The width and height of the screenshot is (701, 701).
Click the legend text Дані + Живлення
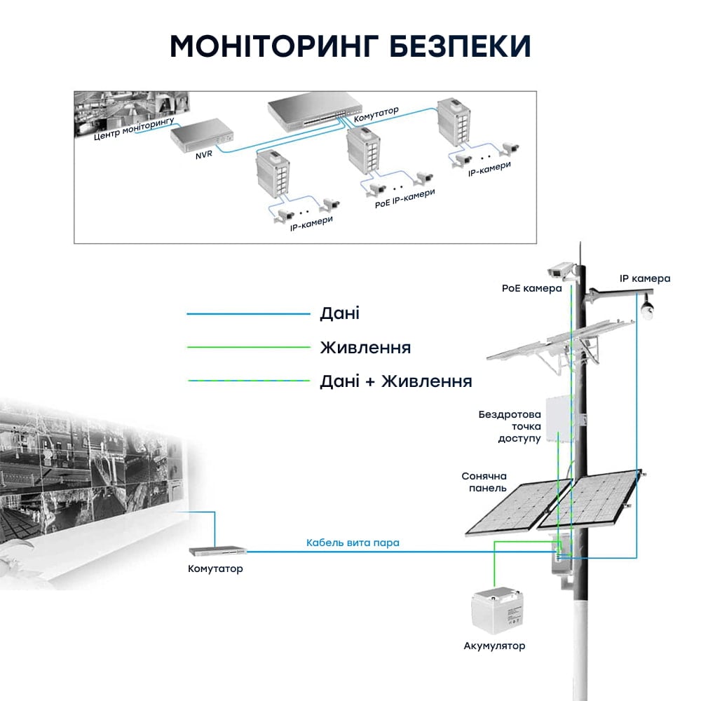[x=395, y=381]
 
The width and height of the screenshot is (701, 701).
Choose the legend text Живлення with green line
[x=365, y=348]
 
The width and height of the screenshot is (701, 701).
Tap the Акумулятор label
[x=494, y=646]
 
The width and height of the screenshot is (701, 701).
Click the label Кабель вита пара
[x=353, y=543]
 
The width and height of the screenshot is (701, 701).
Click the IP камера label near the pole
[x=645, y=278]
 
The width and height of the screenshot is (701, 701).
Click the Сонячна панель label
[x=484, y=481]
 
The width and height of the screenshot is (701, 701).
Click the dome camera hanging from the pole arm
[x=648, y=308]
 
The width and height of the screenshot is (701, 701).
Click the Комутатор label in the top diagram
[x=377, y=114]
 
